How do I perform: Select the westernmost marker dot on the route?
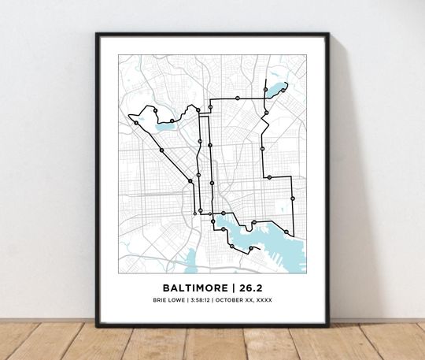pyautogui.click(x=137, y=123)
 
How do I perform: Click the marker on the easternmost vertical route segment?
pyautogui.click(x=293, y=199)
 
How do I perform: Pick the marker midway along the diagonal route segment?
pyautogui.click(x=161, y=150)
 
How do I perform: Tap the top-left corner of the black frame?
pyautogui.click(x=98, y=35)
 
